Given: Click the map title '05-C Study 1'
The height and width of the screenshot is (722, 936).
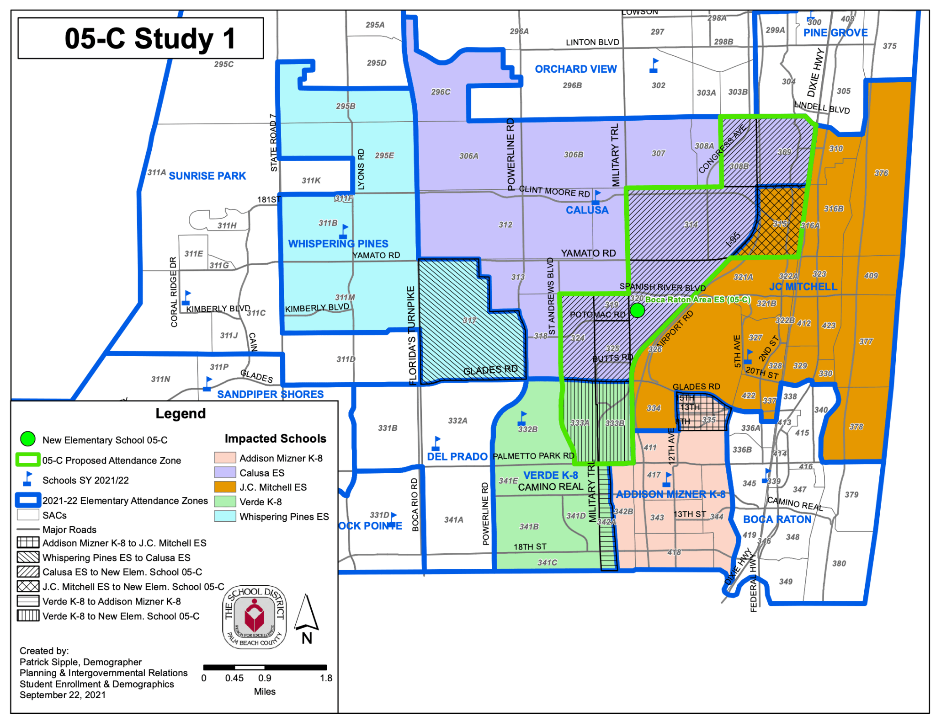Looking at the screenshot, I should [x=149, y=38].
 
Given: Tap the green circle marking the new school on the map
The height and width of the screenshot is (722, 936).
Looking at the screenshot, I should [x=637, y=310].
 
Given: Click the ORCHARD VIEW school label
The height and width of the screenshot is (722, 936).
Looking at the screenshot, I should [x=575, y=69].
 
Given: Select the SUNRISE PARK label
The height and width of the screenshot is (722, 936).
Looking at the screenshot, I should [x=207, y=176].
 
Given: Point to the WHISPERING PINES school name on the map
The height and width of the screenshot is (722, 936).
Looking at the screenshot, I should [x=338, y=244].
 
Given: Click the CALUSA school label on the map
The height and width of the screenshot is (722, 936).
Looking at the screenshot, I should [x=587, y=210].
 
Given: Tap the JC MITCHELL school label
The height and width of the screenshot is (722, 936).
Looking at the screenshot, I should [x=803, y=287].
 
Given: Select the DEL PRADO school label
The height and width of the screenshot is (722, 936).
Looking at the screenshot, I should [x=457, y=456].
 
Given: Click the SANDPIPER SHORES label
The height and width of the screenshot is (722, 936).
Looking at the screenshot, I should [x=270, y=394].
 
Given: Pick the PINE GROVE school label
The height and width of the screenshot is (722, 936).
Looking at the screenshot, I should [x=835, y=33].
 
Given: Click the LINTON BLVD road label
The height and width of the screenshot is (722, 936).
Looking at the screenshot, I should [x=592, y=43].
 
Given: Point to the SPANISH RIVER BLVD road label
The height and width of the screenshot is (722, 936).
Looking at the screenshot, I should [x=662, y=288].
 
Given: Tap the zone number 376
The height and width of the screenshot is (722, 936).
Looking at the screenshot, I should [x=881, y=173].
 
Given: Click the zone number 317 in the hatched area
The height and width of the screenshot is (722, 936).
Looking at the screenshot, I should [x=469, y=320].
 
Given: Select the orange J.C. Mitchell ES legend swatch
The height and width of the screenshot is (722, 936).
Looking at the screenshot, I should [x=225, y=487].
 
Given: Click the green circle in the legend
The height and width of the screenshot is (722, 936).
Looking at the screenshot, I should [x=28, y=439].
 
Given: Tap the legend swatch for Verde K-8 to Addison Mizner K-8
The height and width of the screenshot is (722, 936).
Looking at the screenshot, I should [x=28, y=601].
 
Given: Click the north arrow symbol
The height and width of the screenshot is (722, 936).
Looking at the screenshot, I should [x=306, y=613].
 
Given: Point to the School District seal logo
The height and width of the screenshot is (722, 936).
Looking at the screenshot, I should [x=254, y=617].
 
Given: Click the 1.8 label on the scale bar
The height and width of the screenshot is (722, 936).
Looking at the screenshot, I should [x=326, y=678].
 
